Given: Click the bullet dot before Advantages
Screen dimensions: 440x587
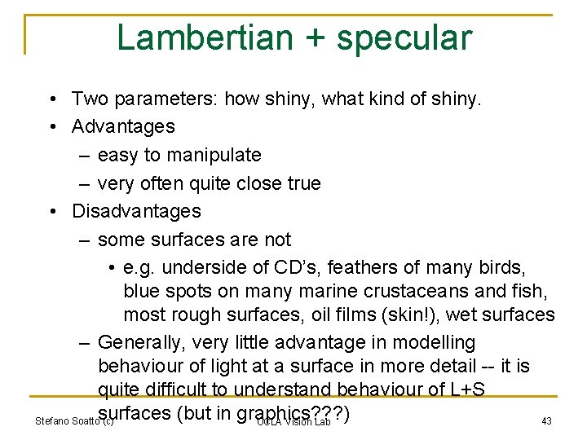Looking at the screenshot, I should click(51, 127).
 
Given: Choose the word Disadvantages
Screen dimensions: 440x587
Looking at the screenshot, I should click(136, 211).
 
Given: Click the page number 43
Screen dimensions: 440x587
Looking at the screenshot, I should click(546, 420).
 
